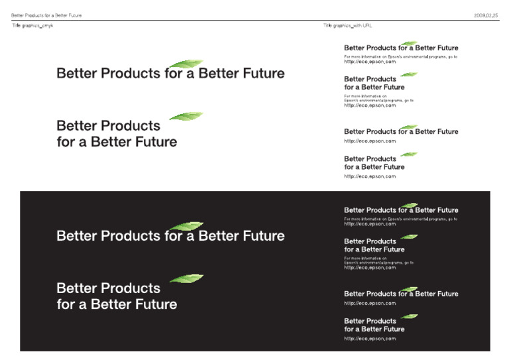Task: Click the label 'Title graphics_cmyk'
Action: pyautogui.click(x=32, y=25)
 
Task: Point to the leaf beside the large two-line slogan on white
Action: pyautogui.click(x=186, y=116)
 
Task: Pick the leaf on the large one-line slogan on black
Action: pyautogui.click(x=186, y=226)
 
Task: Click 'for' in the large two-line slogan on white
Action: pyautogui.click(x=66, y=142)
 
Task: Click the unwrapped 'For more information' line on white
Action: pyautogui.click(x=400, y=56)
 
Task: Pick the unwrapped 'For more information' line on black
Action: pyautogui.click(x=400, y=219)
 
